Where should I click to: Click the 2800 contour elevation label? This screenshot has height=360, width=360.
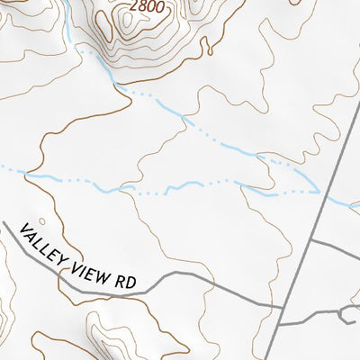(x=147, y=6)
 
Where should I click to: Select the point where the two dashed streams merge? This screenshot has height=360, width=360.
(x=319, y=192)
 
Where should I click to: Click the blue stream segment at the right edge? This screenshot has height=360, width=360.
(x=346, y=202)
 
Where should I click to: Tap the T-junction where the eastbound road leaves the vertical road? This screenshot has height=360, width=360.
(x=308, y=242)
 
